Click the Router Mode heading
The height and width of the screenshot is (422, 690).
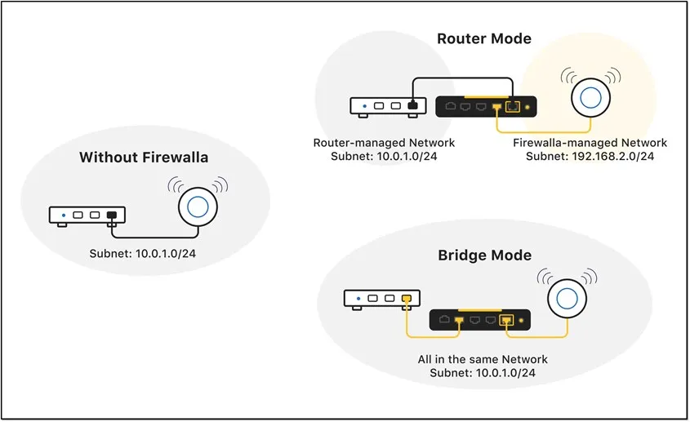click(484, 38)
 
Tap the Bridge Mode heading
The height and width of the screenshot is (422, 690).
click(484, 255)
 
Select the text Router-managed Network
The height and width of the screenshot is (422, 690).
click(384, 143)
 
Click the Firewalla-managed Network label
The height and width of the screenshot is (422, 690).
click(590, 143)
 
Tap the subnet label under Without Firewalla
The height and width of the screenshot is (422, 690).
click(143, 254)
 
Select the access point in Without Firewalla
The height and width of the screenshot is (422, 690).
click(198, 205)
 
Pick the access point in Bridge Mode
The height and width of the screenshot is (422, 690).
click(567, 297)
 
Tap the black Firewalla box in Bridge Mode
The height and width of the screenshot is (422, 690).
click(482, 320)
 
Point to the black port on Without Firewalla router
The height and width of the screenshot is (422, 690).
click(113, 216)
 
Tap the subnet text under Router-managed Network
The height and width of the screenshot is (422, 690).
click(384, 156)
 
